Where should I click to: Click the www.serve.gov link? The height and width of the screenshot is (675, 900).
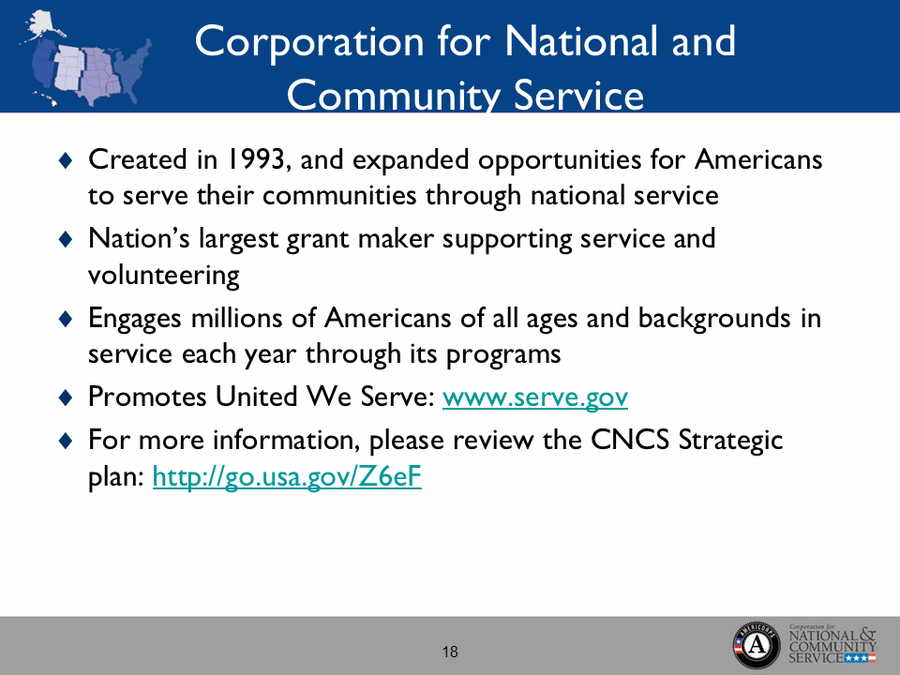pyautogui.click(x=534, y=398)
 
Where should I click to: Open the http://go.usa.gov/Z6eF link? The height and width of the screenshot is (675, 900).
pyautogui.click(x=286, y=479)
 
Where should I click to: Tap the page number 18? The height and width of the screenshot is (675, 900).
pyautogui.click(x=450, y=652)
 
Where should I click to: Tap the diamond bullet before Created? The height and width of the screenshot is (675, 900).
pyautogui.click(x=65, y=160)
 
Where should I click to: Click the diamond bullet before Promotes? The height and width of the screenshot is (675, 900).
pyautogui.click(x=65, y=398)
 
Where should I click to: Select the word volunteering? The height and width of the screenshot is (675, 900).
pyautogui.click(x=163, y=277)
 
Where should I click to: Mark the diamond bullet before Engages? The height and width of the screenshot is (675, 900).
pyautogui.click(x=65, y=320)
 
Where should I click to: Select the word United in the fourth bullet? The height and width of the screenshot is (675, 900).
pyautogui.click(x=257, y=398)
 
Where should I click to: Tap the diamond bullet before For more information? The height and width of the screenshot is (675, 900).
pyautogui.click(x=65, y=440)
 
